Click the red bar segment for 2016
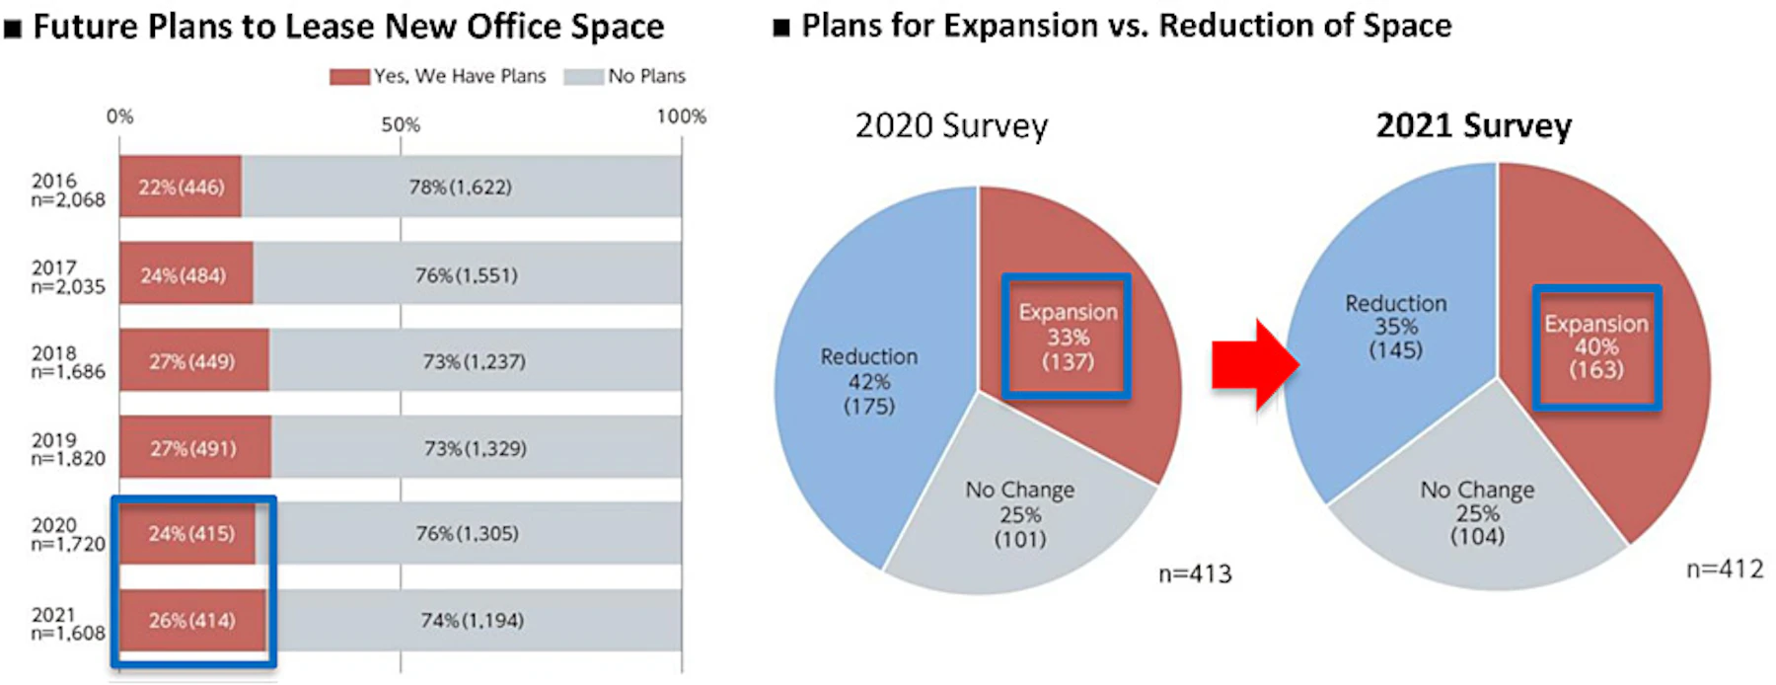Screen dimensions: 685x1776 181,187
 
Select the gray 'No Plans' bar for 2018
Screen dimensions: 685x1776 475,361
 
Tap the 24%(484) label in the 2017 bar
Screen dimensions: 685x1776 183,275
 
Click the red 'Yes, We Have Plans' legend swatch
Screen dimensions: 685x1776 349,76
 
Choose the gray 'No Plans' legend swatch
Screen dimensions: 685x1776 583,76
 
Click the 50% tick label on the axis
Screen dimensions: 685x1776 401,125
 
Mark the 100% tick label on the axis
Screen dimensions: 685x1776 681,116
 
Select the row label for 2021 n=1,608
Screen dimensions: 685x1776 67,624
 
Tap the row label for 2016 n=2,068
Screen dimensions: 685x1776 67,190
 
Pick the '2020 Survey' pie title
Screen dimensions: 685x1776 951,126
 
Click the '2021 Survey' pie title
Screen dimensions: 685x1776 1473,126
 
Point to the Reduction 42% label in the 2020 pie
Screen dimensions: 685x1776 869,381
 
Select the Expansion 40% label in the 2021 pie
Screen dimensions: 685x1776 1596,346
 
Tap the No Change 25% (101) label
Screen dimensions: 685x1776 1020,514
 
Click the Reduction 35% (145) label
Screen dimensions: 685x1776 1396,327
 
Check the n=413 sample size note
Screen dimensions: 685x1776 1195,574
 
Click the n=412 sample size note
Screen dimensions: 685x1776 1724,569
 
